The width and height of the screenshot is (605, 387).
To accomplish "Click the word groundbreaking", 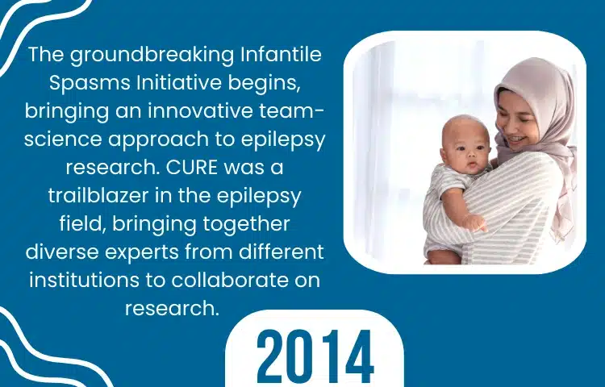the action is click(152, 56).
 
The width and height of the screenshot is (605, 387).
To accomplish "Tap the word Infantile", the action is click(282, 54).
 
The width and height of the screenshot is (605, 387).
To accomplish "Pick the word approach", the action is click(158, 140).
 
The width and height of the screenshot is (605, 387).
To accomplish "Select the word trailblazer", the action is click(98, 195).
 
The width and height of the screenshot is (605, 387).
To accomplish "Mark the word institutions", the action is click(84, 280).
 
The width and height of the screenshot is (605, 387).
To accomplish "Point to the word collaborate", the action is click(230, 280).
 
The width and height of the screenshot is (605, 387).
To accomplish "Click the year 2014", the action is click(315, 356).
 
